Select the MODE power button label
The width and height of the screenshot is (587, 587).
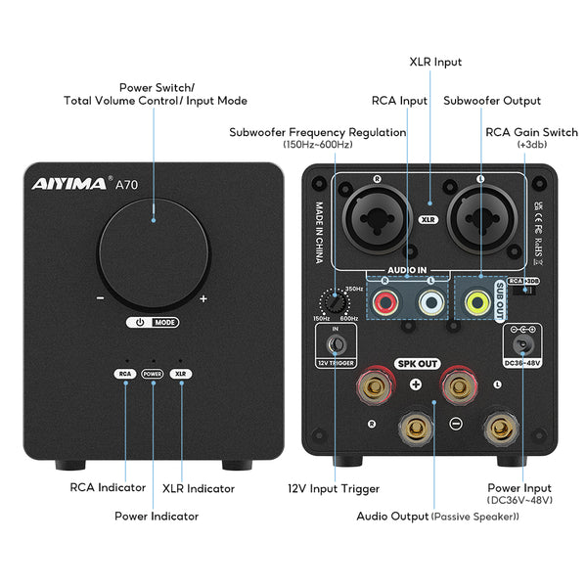click(152, 322)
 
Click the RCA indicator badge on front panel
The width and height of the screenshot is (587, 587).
click(124, 373)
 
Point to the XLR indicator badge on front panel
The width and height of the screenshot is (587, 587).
click(179, 373)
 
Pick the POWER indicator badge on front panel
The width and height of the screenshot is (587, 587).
click(152, 373)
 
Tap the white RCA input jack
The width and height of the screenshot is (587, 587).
click(429, 303)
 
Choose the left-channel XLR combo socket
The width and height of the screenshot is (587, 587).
click(479, 217)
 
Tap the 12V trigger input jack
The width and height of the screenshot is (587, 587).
click(335, 345)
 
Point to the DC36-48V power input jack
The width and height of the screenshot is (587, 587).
click(522, 345)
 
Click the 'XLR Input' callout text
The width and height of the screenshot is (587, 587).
click(434, 62)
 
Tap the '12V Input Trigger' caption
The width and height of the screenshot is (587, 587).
click(335, 488)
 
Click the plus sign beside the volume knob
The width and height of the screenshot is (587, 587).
click(203, 299)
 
